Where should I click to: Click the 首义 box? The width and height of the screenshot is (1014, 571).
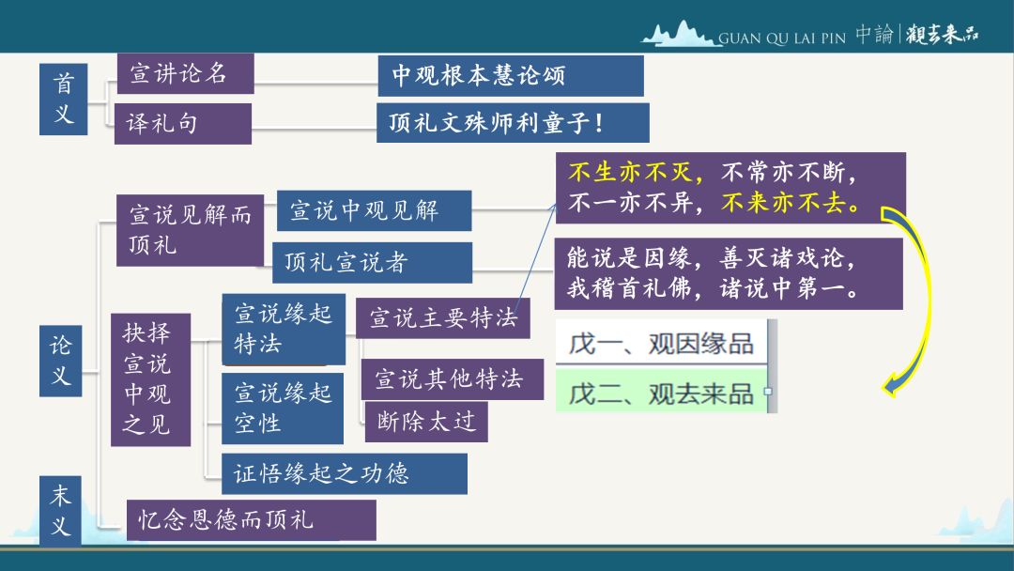point(64,99)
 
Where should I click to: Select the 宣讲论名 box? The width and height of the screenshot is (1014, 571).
point(185,73)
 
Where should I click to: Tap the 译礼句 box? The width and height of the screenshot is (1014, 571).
point(183,124)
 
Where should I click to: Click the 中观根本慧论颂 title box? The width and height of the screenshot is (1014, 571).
point(511,76)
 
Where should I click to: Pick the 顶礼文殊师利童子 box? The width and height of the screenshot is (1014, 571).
point(513,122)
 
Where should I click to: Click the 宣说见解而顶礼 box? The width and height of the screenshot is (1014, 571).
point(190,230)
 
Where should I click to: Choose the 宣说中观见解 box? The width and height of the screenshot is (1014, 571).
point(375,210)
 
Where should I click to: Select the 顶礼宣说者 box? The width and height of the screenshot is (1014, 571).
point(373,263)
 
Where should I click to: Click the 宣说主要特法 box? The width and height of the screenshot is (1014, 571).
point(443,317)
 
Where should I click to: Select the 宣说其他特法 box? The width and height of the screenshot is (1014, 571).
point(452,378)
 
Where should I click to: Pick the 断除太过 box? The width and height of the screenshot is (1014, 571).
point(426,422)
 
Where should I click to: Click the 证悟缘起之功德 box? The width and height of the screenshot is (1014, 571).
point(345,473)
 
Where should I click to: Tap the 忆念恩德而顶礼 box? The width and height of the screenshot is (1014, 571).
point(251,520)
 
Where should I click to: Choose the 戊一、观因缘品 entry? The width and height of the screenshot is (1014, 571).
point(662,343)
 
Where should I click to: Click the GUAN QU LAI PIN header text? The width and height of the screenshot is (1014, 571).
point(782,39)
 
